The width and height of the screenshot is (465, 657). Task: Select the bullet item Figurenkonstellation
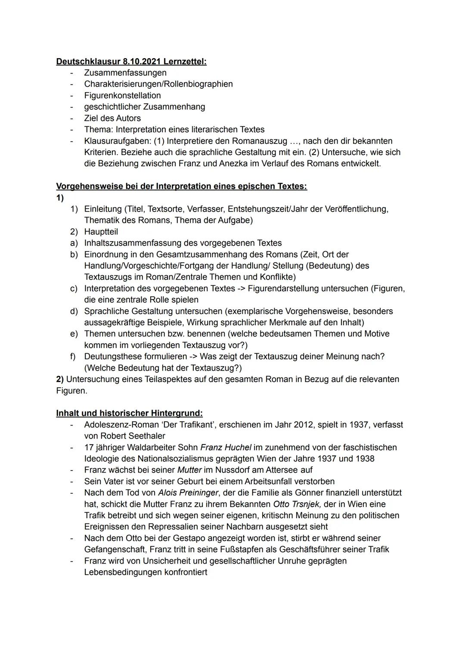(x=122, y=96)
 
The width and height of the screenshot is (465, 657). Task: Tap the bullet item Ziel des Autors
(x=112, y=118)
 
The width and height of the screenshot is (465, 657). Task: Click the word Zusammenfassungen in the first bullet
(x=125, y=73)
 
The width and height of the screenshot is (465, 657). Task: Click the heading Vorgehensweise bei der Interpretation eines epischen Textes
(x=181, y=187)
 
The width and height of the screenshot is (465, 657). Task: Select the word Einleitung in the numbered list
(x=103, y=209)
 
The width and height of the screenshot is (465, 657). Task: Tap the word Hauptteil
(x=101, y=232)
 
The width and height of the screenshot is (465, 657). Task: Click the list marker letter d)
(x=74, y=311)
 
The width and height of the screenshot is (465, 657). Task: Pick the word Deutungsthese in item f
(x=111, y=356)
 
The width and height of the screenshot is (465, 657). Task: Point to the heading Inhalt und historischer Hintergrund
(x=129, y=413)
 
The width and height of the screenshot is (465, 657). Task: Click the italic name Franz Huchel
(x=226, y=448)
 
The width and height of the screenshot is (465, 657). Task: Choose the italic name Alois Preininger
(x=188, y=493)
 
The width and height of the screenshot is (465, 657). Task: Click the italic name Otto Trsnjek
(x=297, y=504)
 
